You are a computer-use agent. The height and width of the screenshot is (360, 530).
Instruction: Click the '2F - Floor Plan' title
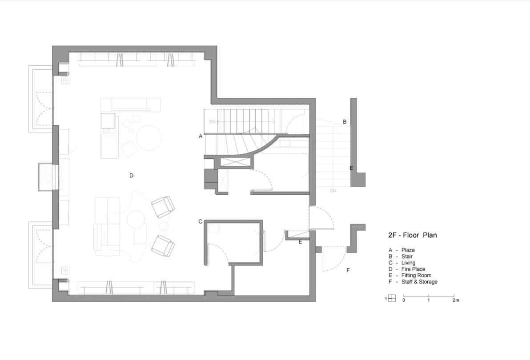click(x=412, y=235)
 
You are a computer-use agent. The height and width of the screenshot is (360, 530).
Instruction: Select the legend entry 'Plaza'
click(x=408, y=250)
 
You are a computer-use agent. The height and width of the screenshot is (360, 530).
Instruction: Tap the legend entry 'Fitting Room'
click(x=417, y=276)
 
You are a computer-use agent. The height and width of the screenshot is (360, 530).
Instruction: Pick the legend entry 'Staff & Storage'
click(x=419, y=282)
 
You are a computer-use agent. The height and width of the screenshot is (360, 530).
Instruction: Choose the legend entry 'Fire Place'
click(x=414, y=269)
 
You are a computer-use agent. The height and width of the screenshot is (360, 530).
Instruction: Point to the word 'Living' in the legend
click(x=408, y=263)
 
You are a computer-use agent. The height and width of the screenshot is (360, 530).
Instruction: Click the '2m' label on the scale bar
click(x=456, y=300)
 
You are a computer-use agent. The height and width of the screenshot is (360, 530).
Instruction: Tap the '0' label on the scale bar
click(x=404, y=300)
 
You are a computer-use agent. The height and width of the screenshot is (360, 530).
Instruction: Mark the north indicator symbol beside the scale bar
click(x=392, y=298)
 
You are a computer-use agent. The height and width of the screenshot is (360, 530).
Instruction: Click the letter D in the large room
click(x=132, y=176)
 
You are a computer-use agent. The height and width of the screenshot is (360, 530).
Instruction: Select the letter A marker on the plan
click(x=201, y=136)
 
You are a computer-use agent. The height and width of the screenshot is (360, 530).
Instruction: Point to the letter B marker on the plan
click(x=345, y=122)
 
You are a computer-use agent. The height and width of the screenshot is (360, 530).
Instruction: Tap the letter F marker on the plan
click(x=348, y=270)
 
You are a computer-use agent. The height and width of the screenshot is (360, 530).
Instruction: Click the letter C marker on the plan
click(x=201, y=221)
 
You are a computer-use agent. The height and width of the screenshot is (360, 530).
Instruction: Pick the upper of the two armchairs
click(x=163, y=207)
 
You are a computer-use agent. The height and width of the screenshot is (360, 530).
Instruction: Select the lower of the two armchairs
click(x=163, y=245)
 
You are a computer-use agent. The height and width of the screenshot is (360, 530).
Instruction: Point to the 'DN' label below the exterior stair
click(x=333, y=191)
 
